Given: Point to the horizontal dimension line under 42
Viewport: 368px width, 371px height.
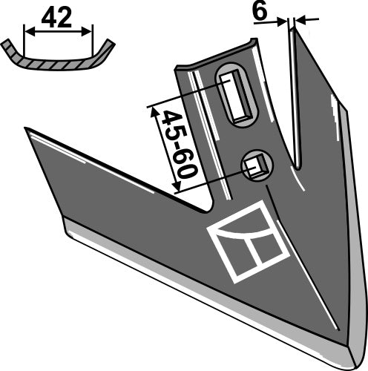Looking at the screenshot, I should pos(59,31).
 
